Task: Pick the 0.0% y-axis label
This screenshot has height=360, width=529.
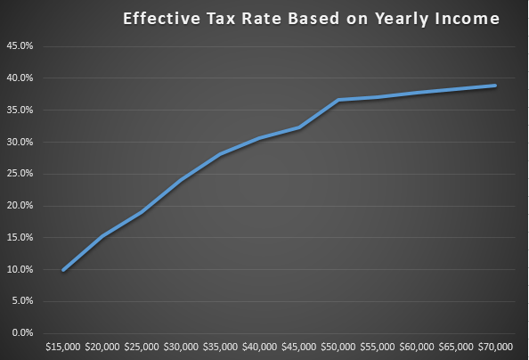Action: click(x=20, y=332)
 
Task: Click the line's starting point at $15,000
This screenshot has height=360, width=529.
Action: click(x=63, y=270)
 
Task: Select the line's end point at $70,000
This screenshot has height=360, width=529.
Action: click(x=495, y=86)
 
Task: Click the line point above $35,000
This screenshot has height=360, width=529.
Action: click(x=220, y=154)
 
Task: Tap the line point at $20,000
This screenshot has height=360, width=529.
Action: click(x=102, y=236)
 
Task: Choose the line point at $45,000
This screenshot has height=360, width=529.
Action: click(x=299, y=127)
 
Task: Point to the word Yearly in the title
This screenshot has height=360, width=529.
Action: click(x=393, y=19)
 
